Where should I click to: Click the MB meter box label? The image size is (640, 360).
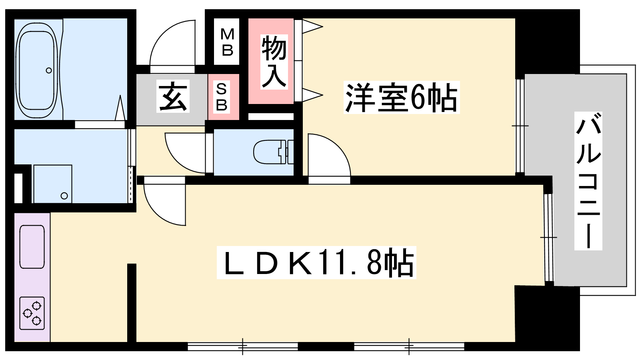tap(228, 42)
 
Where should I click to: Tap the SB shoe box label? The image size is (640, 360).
tap(222, 97)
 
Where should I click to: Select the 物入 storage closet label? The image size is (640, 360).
tap(274, 62)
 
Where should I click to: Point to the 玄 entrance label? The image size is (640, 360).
tap(173, 96)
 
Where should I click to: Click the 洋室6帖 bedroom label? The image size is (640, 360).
tap(401, 98)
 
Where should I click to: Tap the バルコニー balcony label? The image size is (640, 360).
tap(588, 180)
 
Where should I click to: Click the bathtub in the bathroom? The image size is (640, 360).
tap(36, 70)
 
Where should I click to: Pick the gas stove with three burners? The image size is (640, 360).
tap(32, 313)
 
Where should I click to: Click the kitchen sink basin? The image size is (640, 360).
tap(32, 247)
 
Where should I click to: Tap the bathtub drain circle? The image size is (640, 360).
tap(49, 70)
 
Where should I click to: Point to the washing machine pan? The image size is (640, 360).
tap(52, 184)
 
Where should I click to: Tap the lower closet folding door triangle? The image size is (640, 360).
tap(312, 94)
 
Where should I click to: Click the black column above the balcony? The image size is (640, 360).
tap(547, 42)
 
